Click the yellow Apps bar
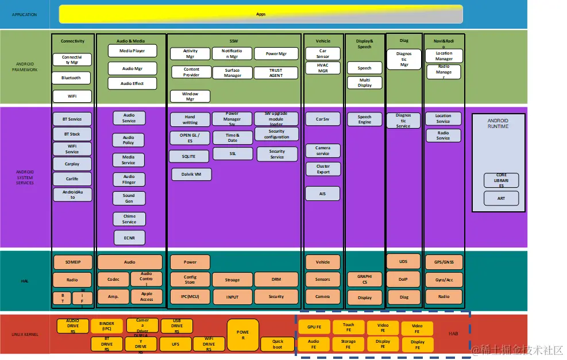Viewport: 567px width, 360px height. (260, 14)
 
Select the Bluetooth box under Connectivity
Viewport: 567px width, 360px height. (72, 78)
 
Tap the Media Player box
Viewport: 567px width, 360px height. (132, 51)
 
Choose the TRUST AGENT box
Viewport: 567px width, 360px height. (276, 73)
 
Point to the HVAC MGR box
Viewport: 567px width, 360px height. (323, 68)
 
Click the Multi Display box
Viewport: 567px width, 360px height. (365, 83)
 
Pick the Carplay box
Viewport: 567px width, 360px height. (72, 164)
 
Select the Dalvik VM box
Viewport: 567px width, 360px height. (191, 174)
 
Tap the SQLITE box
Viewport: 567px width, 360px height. (189, 156)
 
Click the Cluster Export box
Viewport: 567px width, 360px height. (323, 169)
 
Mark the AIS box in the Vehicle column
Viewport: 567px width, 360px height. (323, 194)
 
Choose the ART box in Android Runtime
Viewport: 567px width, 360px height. (501, 199)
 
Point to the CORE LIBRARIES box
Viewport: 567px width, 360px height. (501, 180)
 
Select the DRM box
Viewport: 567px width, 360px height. (276, 280)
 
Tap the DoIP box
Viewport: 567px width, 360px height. (404, 280)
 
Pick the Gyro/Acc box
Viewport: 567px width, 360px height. (443, 280)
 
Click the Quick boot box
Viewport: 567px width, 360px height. (277, 344)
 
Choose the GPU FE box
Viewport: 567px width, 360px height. (314, 327)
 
